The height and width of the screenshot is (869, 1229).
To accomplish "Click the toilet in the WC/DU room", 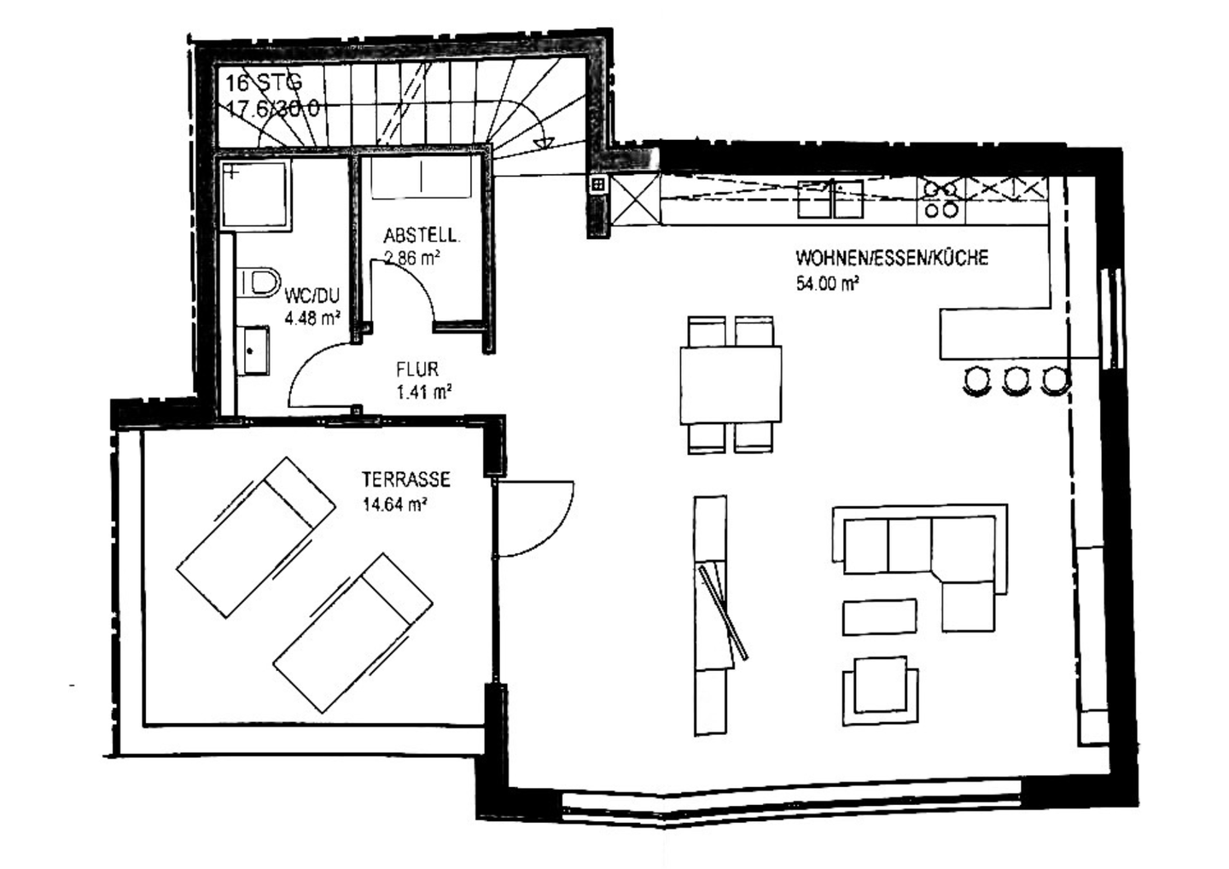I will click(259, 282).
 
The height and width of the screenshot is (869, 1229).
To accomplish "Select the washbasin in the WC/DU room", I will click(253, 349).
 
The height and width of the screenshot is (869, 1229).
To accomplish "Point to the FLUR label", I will click(417, 370).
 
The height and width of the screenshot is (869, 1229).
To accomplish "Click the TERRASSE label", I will click(405, 480).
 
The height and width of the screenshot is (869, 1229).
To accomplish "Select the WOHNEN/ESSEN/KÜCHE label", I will click(892, 257).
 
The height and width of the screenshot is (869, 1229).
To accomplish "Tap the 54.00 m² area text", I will click(827, 284).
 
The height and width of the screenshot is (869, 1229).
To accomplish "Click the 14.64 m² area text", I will click(394, 504).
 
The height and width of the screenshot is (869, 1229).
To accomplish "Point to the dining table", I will click(731, 384).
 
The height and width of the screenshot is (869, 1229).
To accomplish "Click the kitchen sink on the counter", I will click(830, 200).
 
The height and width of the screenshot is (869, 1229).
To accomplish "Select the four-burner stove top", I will click(940, 199).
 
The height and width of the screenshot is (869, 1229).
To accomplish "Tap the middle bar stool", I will click(1016, 379).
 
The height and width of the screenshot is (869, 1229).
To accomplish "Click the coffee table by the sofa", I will click(880, 616).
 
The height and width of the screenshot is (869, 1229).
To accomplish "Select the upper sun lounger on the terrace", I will click(255, 536).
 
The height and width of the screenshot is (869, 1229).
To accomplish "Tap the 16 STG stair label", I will click(263, 84).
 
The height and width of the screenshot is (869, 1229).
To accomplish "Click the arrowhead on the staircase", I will click(539, 143).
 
